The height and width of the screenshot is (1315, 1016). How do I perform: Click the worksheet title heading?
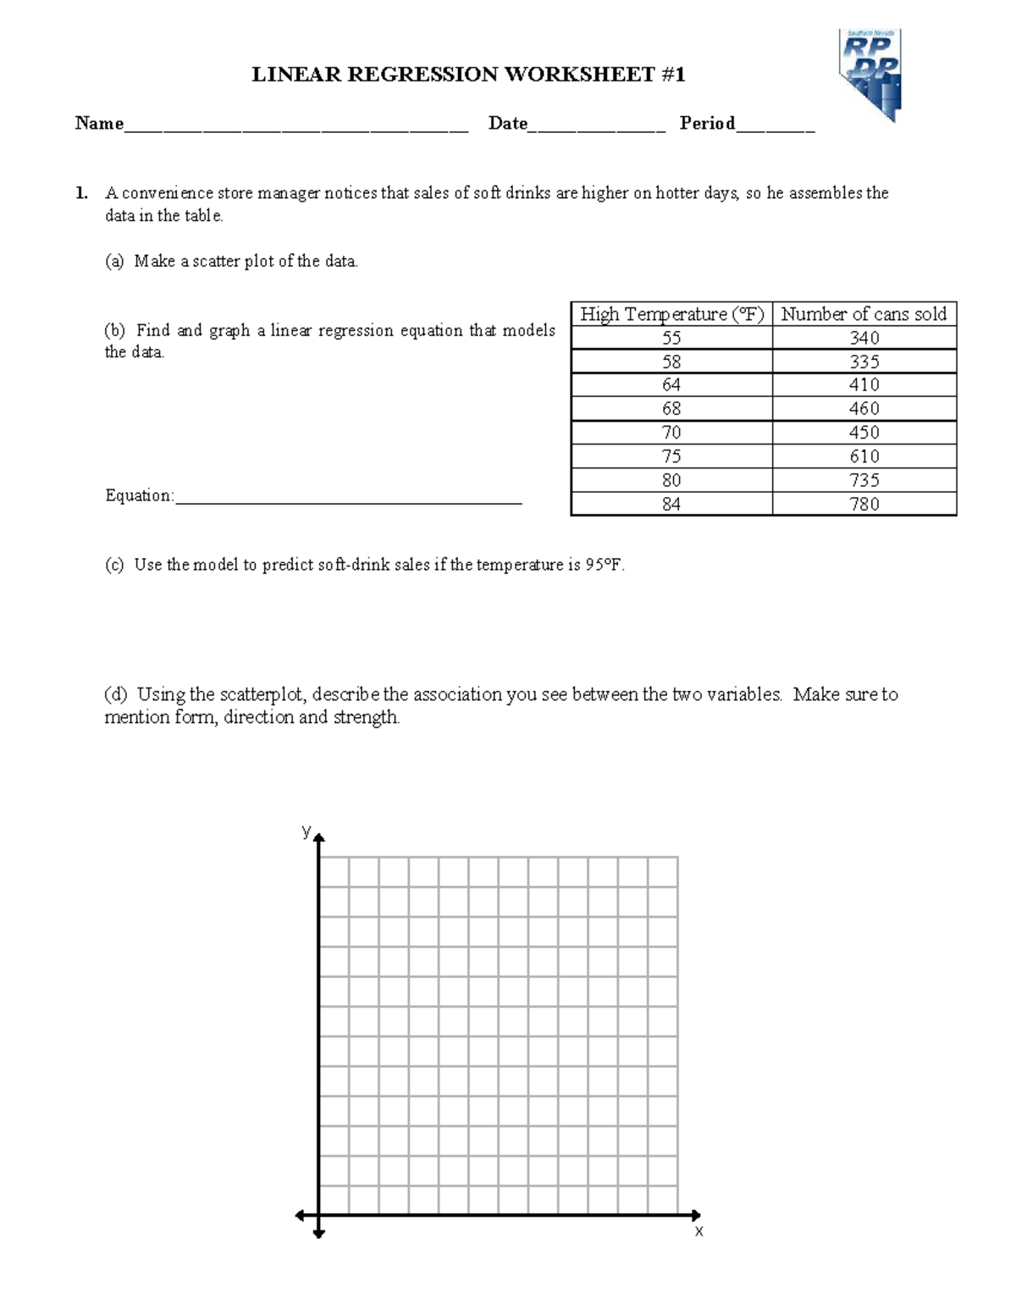pyautogui.click(x=468, y=75)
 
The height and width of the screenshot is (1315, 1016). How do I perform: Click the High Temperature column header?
pyautogui.click(x=671, y=314)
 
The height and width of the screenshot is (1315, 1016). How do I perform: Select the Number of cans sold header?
pyautogui.click(x=864, y=314)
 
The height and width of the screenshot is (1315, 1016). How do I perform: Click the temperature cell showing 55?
pyautogui.click(x=671, y=338)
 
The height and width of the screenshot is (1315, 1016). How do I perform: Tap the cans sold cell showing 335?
pyautogui.click(x=864, y=362)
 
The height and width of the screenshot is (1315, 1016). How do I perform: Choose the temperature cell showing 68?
pyautogui.click(x=671, y=409)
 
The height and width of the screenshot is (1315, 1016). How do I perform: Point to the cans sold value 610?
pyautogui.click(x=864, y=456)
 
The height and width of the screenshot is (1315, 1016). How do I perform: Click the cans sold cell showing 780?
pyautogui.click(x=864, y=504)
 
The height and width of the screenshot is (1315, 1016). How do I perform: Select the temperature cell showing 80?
pyautogui.click(x=671, y=480)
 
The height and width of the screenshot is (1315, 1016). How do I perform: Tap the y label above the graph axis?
pyautogui.click(x=306, y=831)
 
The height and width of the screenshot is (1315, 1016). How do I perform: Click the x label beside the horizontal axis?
pyautogui.click(x=698, y=1231)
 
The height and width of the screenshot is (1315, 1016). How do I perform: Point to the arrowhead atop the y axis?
pyautogui.click(x=319, y=838)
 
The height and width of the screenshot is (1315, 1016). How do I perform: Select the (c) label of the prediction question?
pyautogui.click(x=114, y=565)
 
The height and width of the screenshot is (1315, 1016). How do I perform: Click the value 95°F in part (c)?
pyautogui.click(x=604, y=565)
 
